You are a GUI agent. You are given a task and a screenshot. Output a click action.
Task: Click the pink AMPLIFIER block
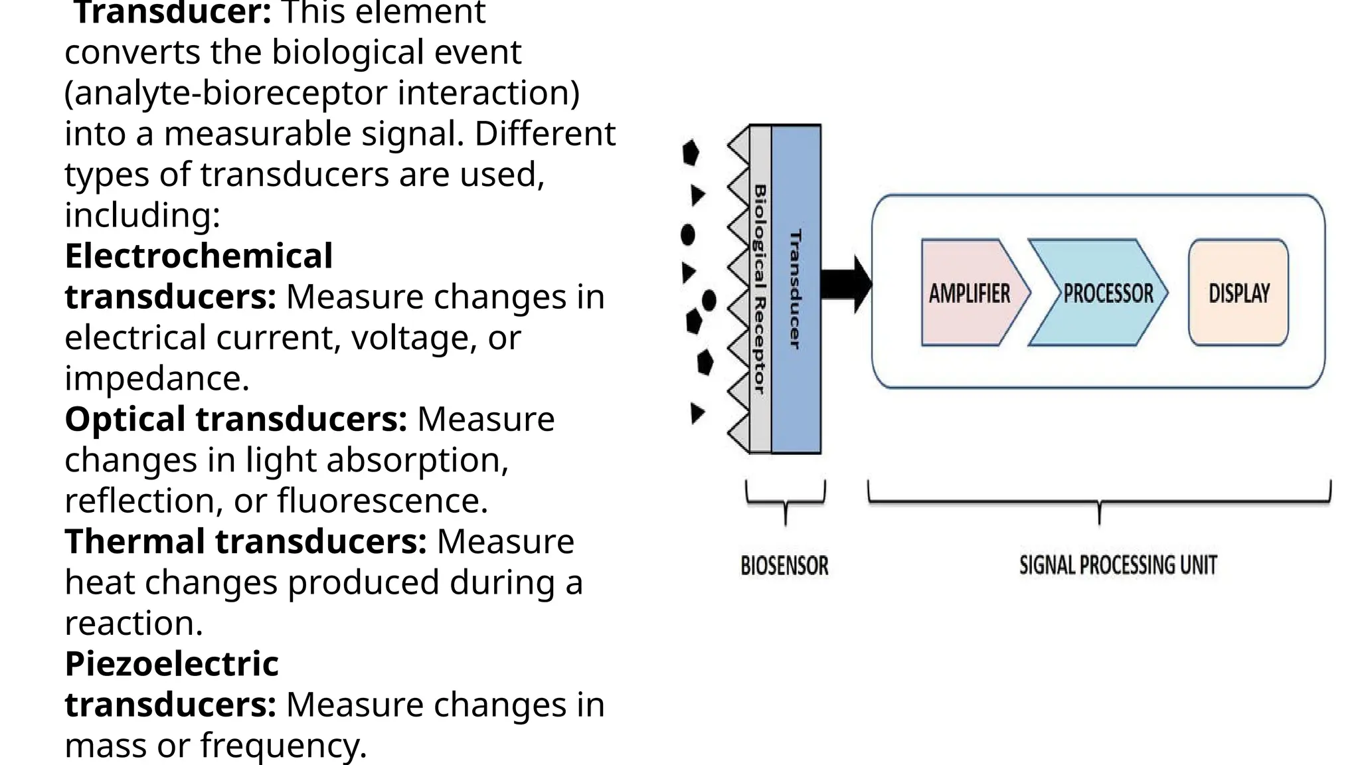pos(970,293)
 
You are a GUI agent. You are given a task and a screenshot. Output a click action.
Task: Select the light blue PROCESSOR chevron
pos(1102,293)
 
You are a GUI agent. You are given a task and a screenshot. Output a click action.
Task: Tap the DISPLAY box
pos(1238,293)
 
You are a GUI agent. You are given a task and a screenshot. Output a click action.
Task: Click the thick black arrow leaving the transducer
pos(845,284)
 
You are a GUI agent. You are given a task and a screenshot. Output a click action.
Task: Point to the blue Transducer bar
pos(796,289)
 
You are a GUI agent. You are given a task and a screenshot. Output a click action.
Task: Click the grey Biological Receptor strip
pos(760,289)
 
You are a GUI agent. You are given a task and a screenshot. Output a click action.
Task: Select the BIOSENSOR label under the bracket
pos(784,566)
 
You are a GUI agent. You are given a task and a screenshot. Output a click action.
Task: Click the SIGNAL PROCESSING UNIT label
pos(1118,566)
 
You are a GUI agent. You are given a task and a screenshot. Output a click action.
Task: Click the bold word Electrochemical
pos(199,256)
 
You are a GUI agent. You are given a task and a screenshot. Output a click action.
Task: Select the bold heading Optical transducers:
pos(236,420)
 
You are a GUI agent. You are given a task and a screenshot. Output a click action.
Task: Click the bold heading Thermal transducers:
pos(246,542)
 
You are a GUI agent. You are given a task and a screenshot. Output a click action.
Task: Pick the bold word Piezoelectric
pos(171,664)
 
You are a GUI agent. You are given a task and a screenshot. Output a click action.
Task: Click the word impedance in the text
pos(157,379)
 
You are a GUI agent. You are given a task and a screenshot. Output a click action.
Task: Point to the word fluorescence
pos(382,501)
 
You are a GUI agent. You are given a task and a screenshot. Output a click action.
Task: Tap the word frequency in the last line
pos(284,746)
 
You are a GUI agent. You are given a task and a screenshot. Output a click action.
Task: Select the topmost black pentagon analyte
pos(691,153)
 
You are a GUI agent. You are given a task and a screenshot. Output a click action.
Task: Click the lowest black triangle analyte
pos(697,413)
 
